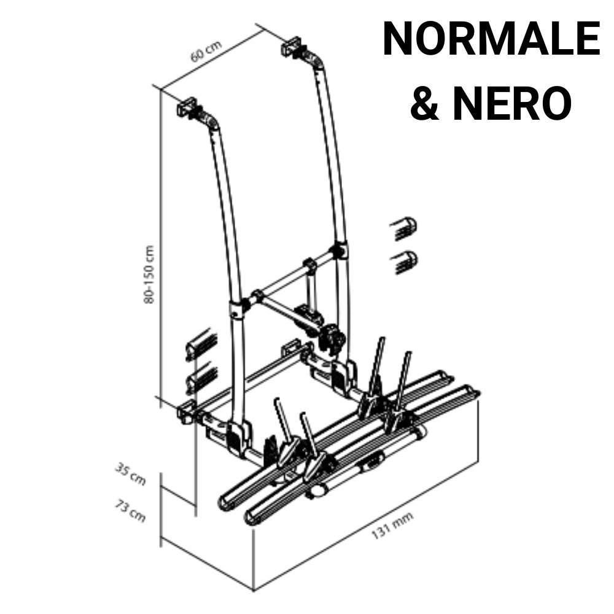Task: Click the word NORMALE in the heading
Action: coord(491,39)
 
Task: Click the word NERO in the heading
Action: coord(513,104)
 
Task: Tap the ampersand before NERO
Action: coord(426,104)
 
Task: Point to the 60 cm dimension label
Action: coord(206,51)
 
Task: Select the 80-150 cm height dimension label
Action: coord(149,274)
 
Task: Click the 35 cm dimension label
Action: coord(130,474)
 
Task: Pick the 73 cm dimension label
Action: coord(130,511)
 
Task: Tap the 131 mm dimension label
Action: coord(392,525)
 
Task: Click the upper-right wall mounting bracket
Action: coord(292,46)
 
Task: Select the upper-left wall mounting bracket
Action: coord(188,106)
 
